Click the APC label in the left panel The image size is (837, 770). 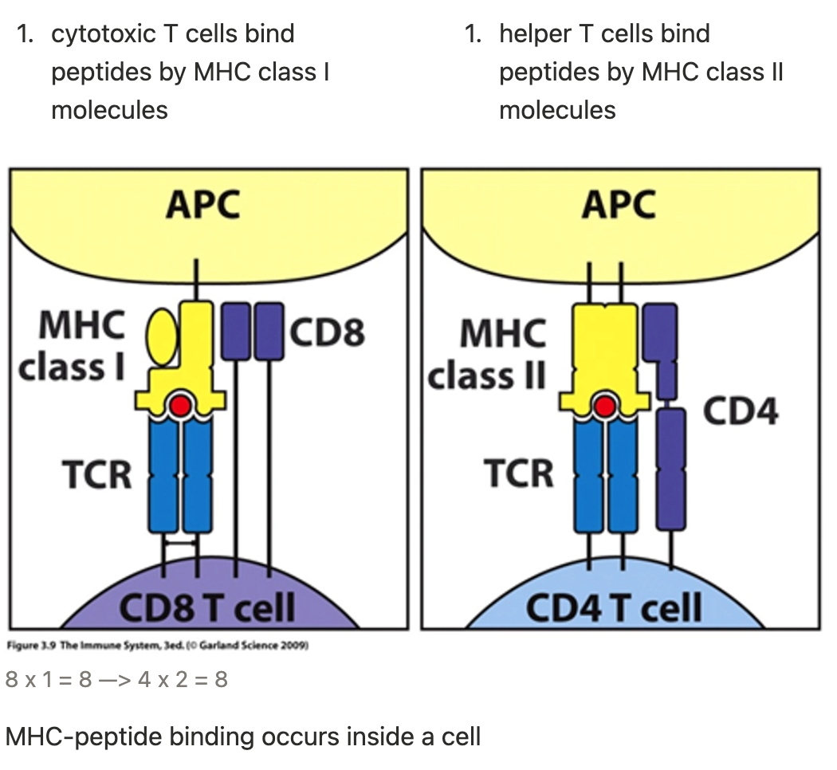pyautogui.click(x=202, y=205)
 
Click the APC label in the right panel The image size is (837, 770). pyautogui.click(x=619, y=205)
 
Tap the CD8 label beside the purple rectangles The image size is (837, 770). pyautogui.click(x=328, y=331)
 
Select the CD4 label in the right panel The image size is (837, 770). pyautogui.click(x=741, y=411)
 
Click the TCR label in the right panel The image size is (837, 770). pyautogui.click(x=518, y=473)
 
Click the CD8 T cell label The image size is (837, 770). pyautogui.click(x=207, y=609)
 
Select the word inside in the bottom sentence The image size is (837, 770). pyautogui.click(x=379, y=736)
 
